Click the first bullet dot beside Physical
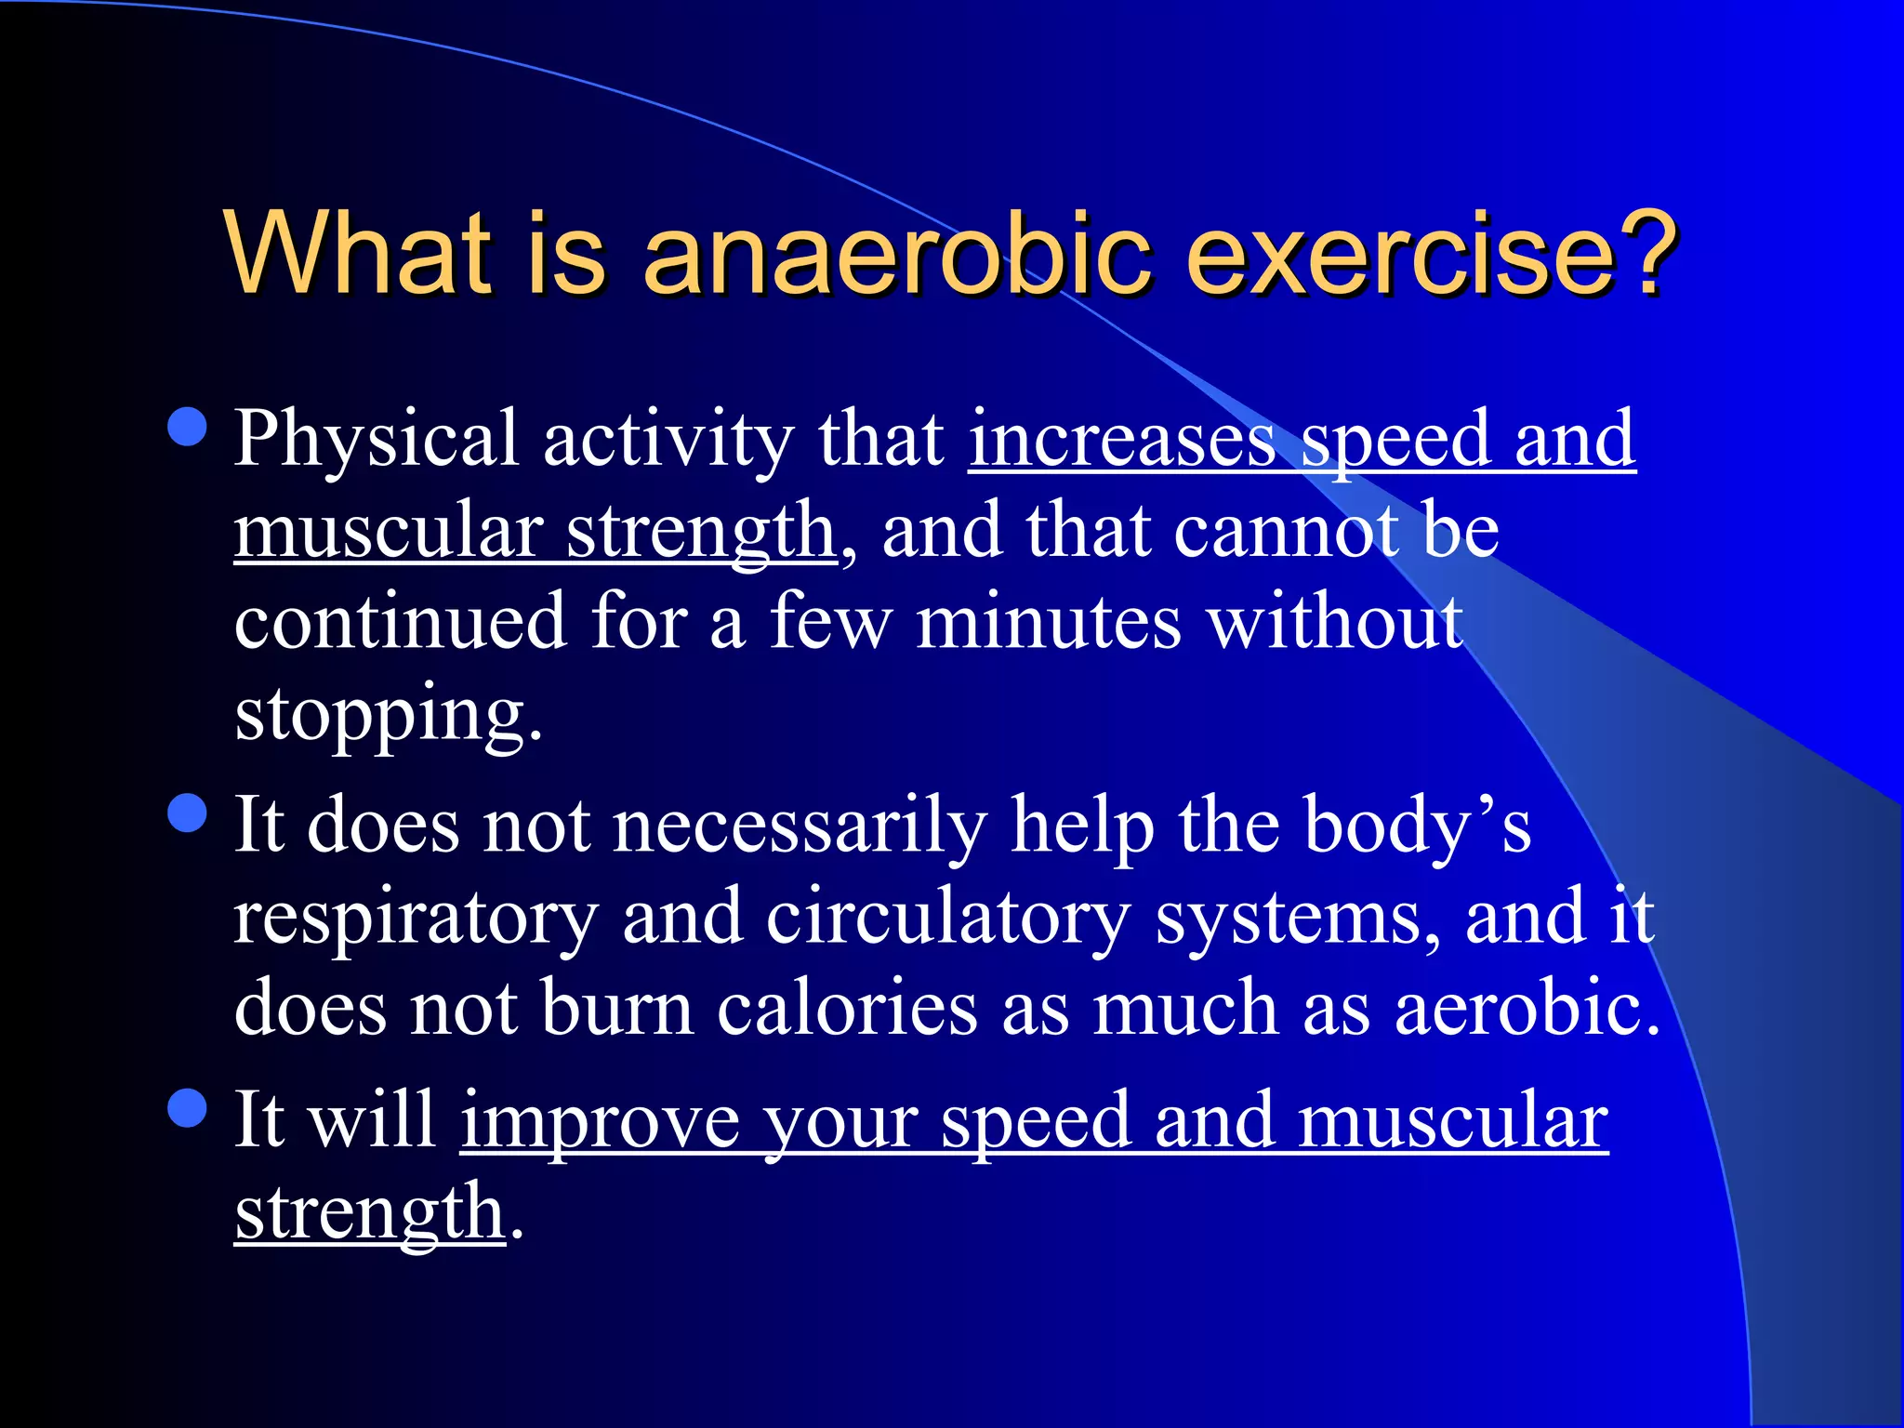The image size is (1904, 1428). pos(189,427)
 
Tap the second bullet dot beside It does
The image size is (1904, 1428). pos(189,813)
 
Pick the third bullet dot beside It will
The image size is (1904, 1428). pos(189,1108)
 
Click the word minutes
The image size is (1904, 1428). pos(1050,623)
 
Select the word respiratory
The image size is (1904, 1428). pos(416,919)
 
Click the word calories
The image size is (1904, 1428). pos(847,1010)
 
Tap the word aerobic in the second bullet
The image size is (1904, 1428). pos(1525,1010)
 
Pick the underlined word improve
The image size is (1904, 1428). pos(601,1122)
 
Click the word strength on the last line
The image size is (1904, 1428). pos(370,1212)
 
